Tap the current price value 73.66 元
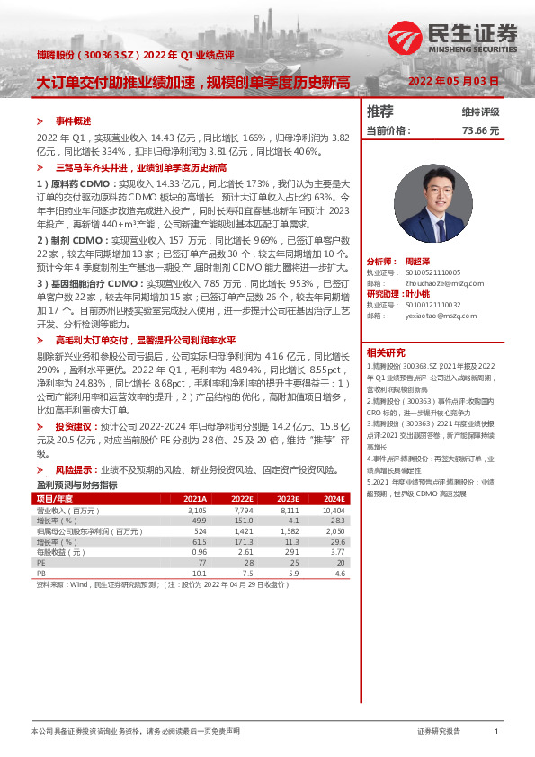480,130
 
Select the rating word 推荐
380,111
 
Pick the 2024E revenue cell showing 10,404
334,509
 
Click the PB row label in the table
40,572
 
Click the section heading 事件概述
72,120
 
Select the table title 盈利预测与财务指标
76,485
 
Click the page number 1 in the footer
495,732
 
